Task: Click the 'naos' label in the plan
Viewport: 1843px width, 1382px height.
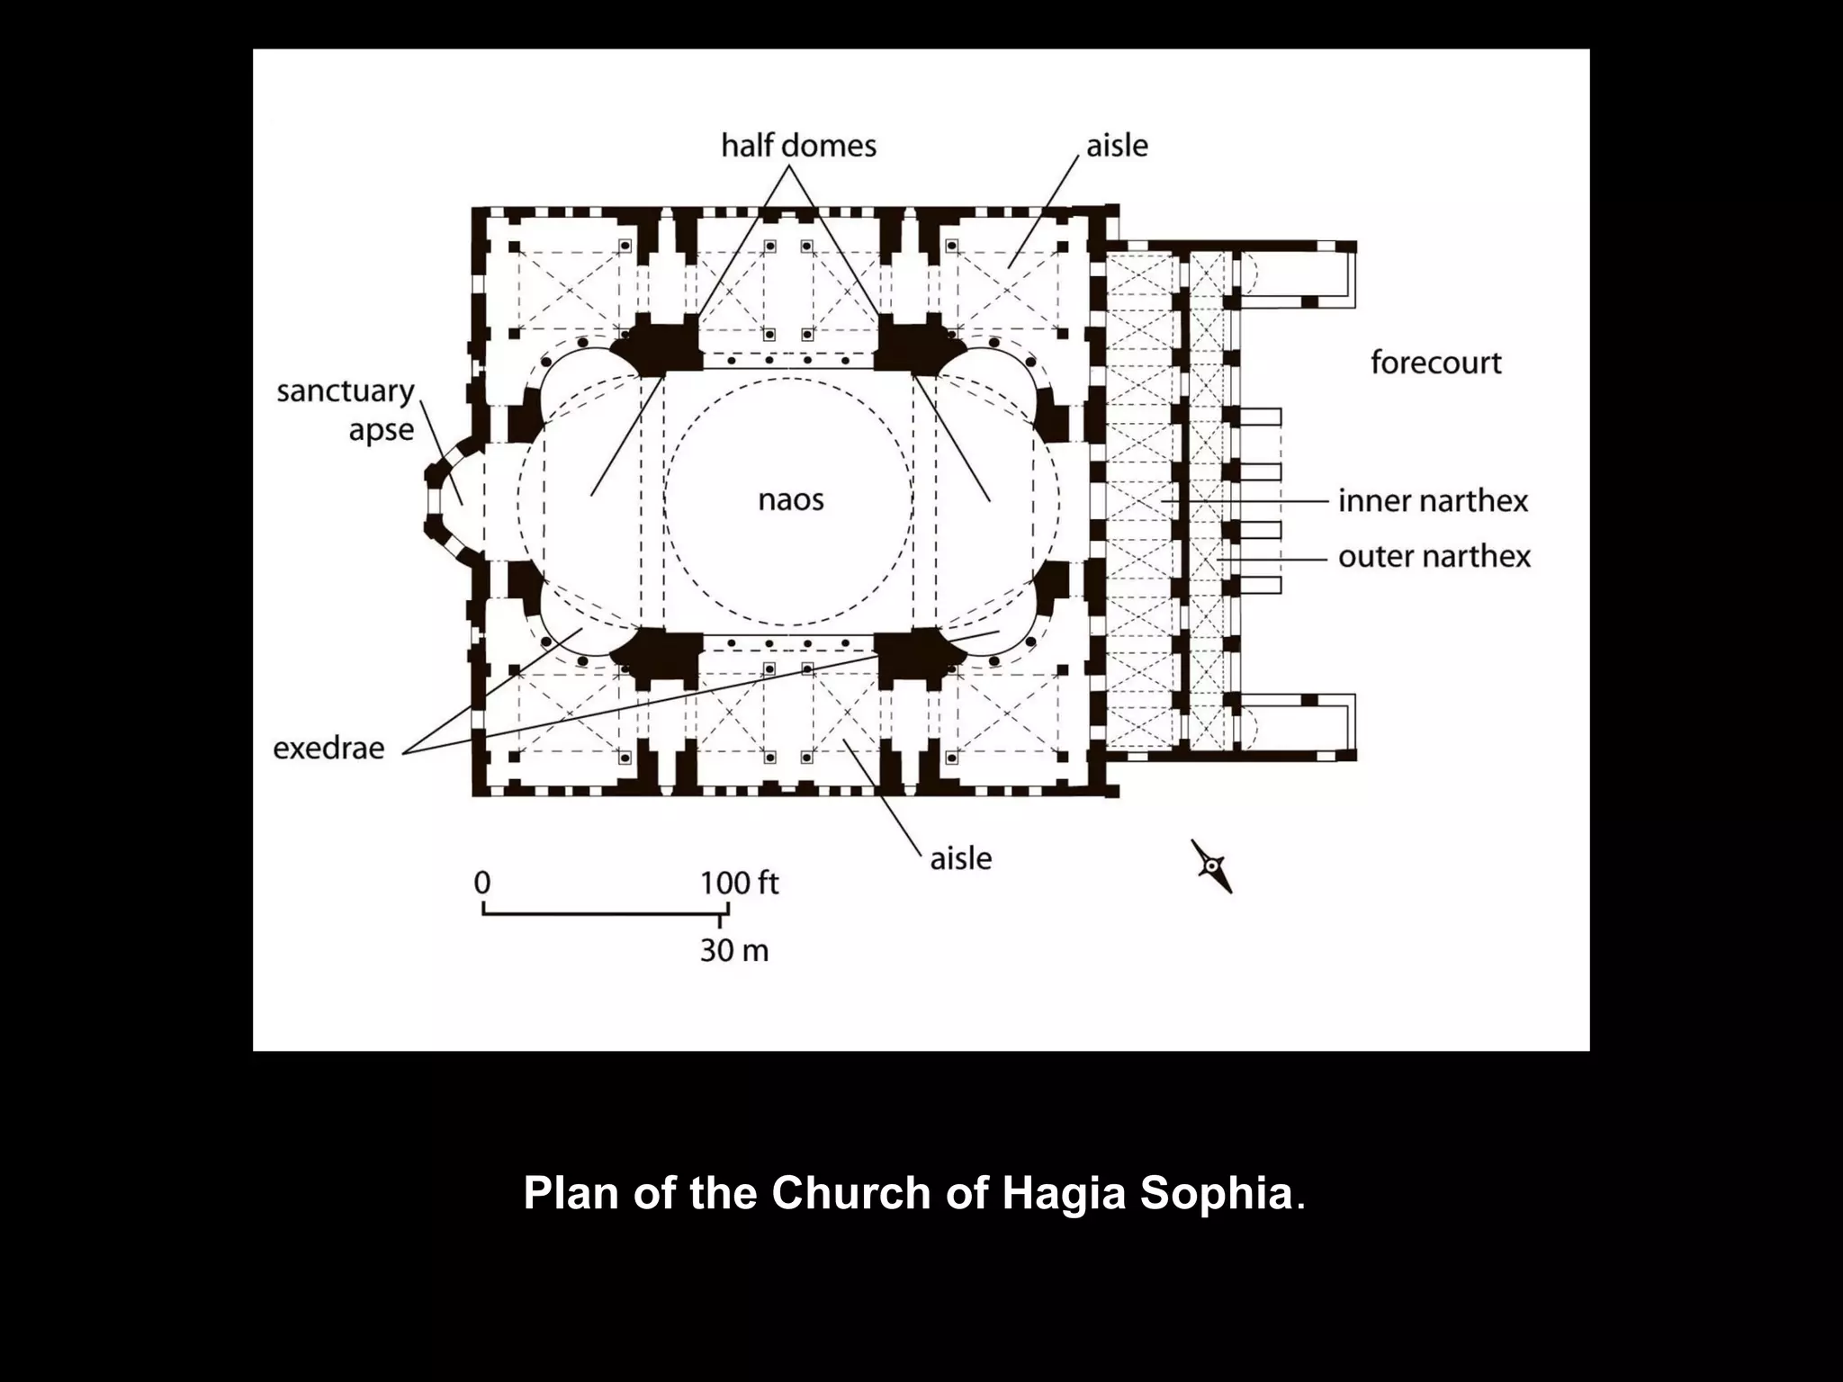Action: [x=790, y=499]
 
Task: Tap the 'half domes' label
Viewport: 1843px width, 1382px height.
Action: [x=798, y=146]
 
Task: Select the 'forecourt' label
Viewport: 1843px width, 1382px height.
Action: [x=1435, y=363]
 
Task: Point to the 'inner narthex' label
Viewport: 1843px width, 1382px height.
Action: [x=1433, y=500]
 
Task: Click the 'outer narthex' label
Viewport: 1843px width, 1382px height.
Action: [x=1434, y=556]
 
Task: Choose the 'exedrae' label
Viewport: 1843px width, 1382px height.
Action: [x=328, y=748]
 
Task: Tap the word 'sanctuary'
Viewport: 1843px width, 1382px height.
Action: [x=345, y=392]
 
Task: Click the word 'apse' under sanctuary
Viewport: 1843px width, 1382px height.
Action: [x=381, y=430]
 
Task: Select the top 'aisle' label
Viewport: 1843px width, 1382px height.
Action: [x=1117, y=146]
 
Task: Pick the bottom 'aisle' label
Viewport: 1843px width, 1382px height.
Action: [x=960, y=858]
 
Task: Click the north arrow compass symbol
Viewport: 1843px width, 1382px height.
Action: [x=1212, y=866]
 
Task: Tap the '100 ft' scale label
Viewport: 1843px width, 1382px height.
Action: [x=739, y=883]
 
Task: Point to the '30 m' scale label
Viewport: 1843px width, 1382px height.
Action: [x=734, y=950]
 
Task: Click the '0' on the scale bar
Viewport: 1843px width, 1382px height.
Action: [x=482, y=883]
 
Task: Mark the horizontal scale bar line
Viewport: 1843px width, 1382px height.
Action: [x=603, y=913]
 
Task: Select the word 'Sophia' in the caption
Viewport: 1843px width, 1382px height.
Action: [x=1215, y=1193]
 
